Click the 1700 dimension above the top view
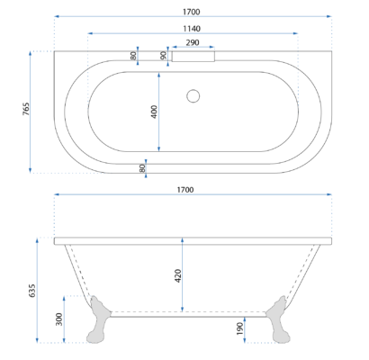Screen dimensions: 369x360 191,12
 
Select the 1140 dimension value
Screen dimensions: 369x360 192,29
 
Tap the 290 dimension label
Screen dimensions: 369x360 193,42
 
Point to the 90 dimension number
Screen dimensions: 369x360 163,55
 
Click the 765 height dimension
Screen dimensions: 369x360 26,109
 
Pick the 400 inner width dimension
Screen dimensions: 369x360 154,112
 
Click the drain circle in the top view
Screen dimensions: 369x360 193,96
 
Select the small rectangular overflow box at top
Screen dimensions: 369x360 193,57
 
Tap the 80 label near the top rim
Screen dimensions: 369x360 133,56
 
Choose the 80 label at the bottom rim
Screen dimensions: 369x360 142,168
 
